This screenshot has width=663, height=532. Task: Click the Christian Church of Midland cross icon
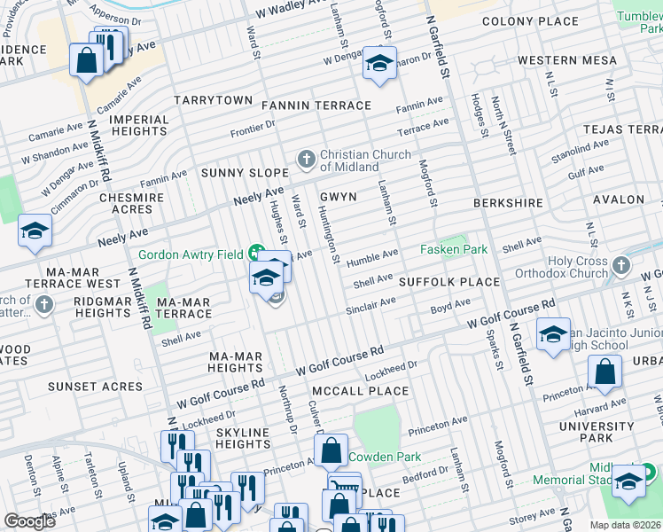pyautogui.click(x=306, y=159)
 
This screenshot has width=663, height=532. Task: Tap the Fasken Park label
pyautogui.click(x=453, y=250)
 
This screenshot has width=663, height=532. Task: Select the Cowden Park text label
pyautogui.click(x=385, y=457)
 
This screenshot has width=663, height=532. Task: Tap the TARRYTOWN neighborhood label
pyautogui.click(x=214, y=100)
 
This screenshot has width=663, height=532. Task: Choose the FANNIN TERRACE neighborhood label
pyautogui.click(x=316, y=106)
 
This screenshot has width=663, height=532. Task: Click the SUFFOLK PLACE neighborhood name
pyautogui.click(x=449, y=282)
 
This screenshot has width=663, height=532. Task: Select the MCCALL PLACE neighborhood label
pyautogui.click(x=360, y=391)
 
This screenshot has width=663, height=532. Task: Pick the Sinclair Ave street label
pyautogui.click(x=370, y=306)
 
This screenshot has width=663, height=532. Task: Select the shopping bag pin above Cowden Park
pyautogui.click(x=331, y=450)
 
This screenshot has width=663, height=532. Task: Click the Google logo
pyautogui.click(x=29, y=521)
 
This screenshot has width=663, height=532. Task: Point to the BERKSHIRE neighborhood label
pyautogui.click(x=508, y=203)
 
